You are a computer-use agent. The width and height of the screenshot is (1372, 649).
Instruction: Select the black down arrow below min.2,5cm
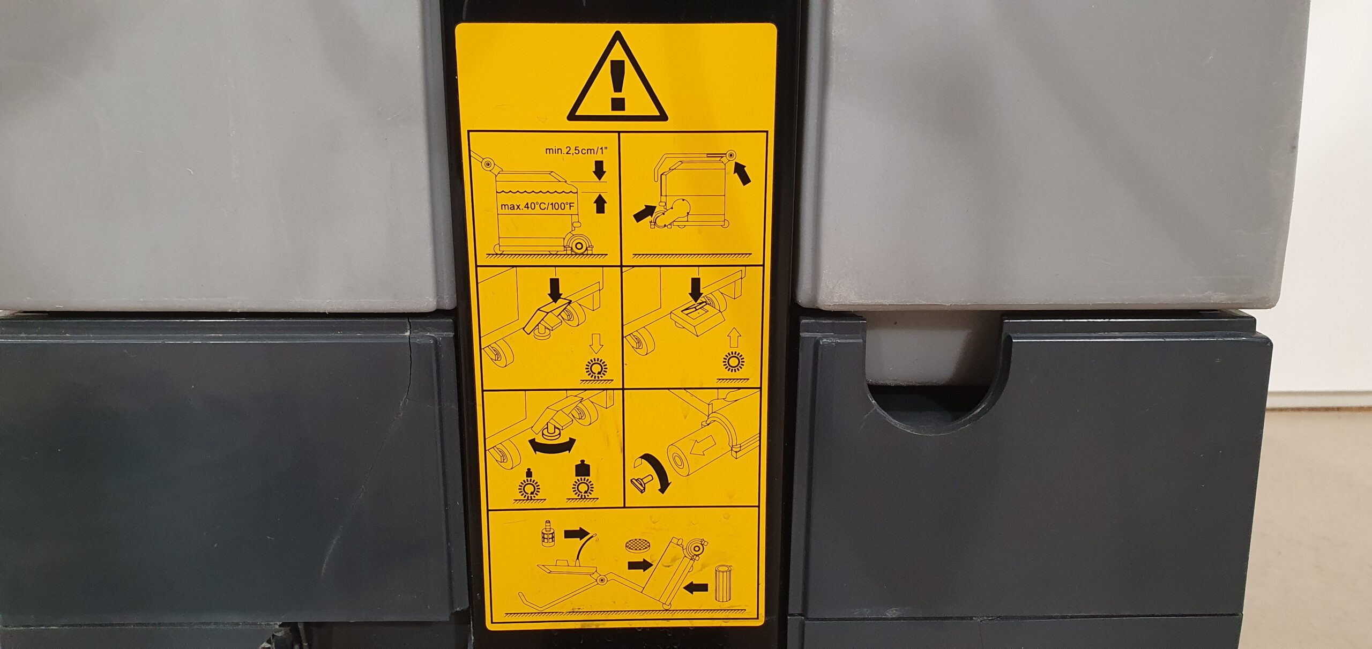pos(600,170)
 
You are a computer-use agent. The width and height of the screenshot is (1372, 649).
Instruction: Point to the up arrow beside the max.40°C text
pos(600,203)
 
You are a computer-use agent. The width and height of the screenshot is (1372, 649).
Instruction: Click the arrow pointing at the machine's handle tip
pos(742,175)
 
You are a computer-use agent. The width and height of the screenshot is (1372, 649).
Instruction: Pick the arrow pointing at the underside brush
pos(644,213)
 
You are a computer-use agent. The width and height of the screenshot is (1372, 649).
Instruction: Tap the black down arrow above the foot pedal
pos(556,290)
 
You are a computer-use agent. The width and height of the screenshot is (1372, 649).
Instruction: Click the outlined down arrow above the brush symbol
pos(596,342)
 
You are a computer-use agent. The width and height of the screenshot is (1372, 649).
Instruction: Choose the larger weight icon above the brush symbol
pos(580,469)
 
